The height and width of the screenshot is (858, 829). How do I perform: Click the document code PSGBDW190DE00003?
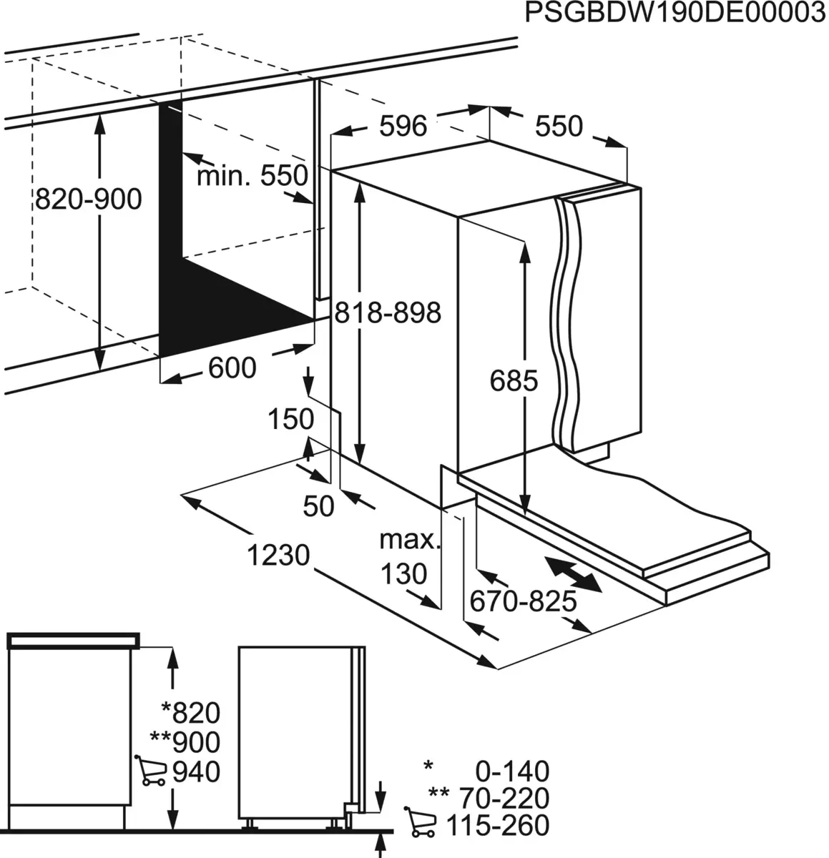tap(675, 14)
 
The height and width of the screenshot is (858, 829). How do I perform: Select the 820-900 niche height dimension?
tap(89, 199)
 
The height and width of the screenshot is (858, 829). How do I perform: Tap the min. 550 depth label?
tap(252, 175)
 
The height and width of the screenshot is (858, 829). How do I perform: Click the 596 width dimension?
tap(403, 127)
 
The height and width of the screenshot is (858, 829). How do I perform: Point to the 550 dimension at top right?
tap(559, 127)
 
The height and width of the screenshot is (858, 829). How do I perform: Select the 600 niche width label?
tap(232, 368)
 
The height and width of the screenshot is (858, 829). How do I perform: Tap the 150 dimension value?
tap(290, 419)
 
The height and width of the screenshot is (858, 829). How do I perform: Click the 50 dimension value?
tap(318, 506)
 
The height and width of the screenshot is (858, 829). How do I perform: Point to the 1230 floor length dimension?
tap(278, 555)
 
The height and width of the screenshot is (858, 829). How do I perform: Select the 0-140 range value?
tap(512, 771)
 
